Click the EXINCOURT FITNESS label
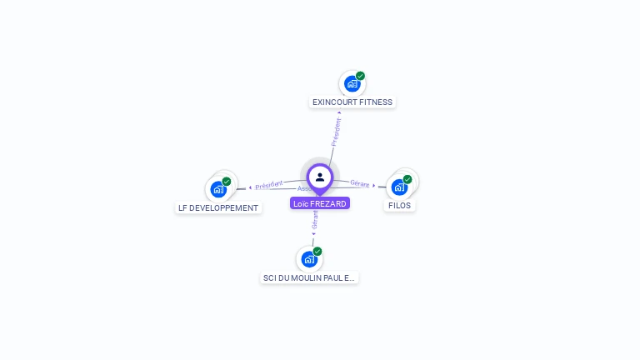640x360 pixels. pyautogui.click(x=352, y=102)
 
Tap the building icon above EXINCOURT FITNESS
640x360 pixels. pyautogui.click(x=352, y=84)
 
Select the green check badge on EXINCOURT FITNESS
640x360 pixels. pyautogui.click(x=360, y=76)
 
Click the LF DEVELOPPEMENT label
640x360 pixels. pyautogui.click(x=218, y=207)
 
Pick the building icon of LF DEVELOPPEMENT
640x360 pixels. pyautogui.click(x=218, y=189)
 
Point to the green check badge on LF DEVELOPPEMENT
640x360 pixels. pyautogui.click(x=227, y=181)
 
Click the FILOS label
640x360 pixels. pyautogui.click(x=399, y=205)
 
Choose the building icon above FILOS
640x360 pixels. pyautogui.click(x=399, y=187)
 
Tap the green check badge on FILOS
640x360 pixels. pyautogui.click(x=407, y=178)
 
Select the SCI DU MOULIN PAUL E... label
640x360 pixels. pyautogui.click(x=309, y=277)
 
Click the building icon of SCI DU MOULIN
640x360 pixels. pyautogui.click(x=309, y=259)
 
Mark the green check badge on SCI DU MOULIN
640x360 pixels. pyautogui.click(x=317, y=251)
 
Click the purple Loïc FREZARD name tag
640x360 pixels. pyautogui.click(x=320, y=203)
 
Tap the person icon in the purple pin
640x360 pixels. pyautogui.click(x=320, y=177)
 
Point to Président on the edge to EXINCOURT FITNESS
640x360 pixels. pyautogui.click(x=336, y=132)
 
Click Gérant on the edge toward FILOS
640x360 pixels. pyautogui.click(x=359, y=183)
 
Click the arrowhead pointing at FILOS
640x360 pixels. pyautogui.click(x=374, y=186)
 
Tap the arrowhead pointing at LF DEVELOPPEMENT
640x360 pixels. pyautogui.click(x=250, y=187)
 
